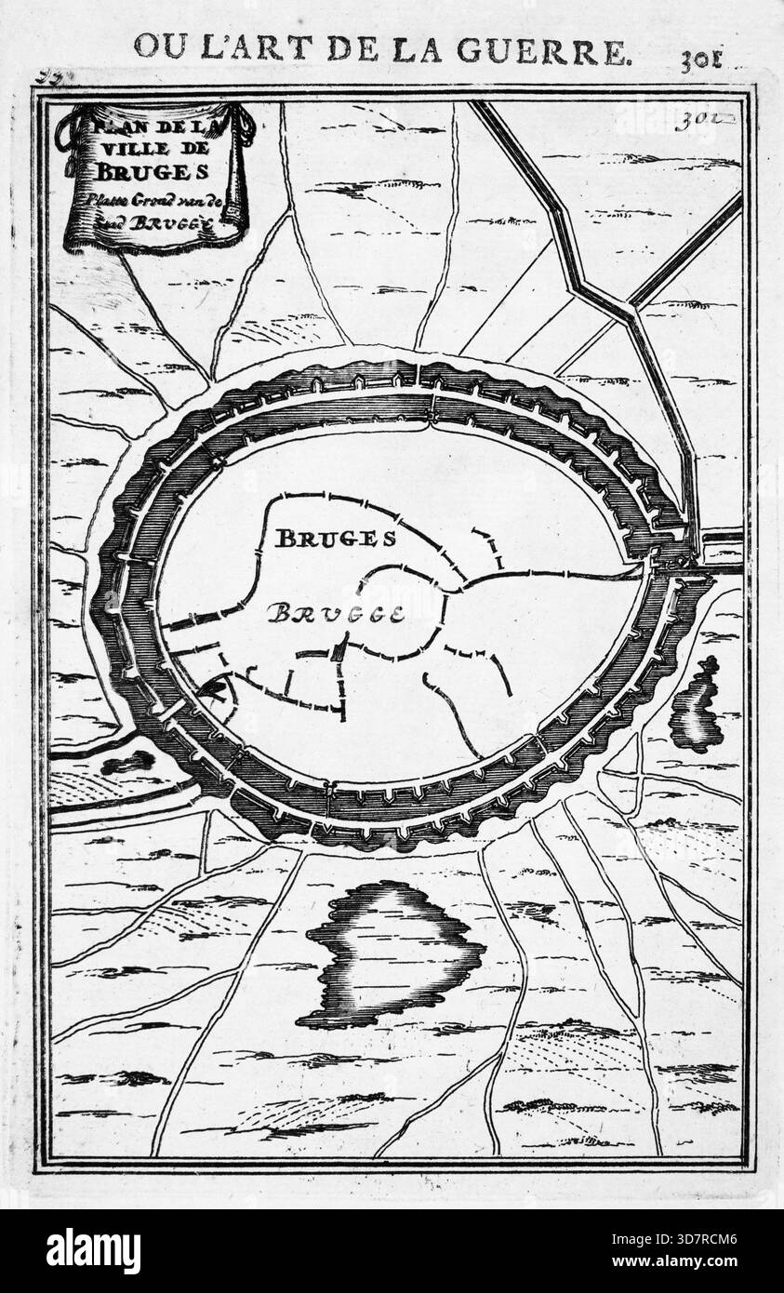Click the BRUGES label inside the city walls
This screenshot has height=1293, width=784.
coord(336,538)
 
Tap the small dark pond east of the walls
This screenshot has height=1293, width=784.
coord(698,707)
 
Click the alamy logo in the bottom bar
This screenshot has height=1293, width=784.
coord(93,1250)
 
